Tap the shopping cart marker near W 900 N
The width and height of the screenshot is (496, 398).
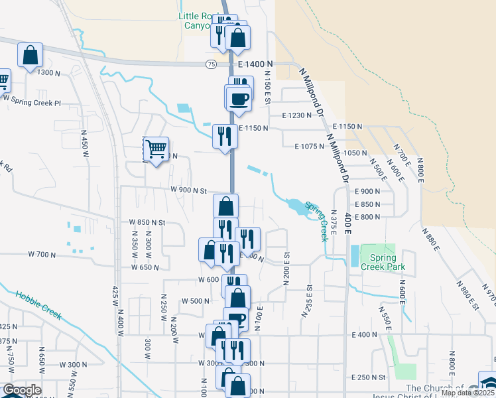pos(156,151)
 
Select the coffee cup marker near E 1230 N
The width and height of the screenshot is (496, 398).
pos(239,100)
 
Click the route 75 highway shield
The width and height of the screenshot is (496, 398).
pos(210,64)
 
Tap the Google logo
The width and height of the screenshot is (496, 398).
pos(22,390)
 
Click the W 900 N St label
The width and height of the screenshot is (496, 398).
pos(189,189)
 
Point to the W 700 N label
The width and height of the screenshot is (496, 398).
pos(42,254)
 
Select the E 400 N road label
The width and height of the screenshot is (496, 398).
pos(366,335)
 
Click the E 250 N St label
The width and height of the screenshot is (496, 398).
pos(369,377)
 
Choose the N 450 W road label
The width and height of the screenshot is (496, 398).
pos(85,143)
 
